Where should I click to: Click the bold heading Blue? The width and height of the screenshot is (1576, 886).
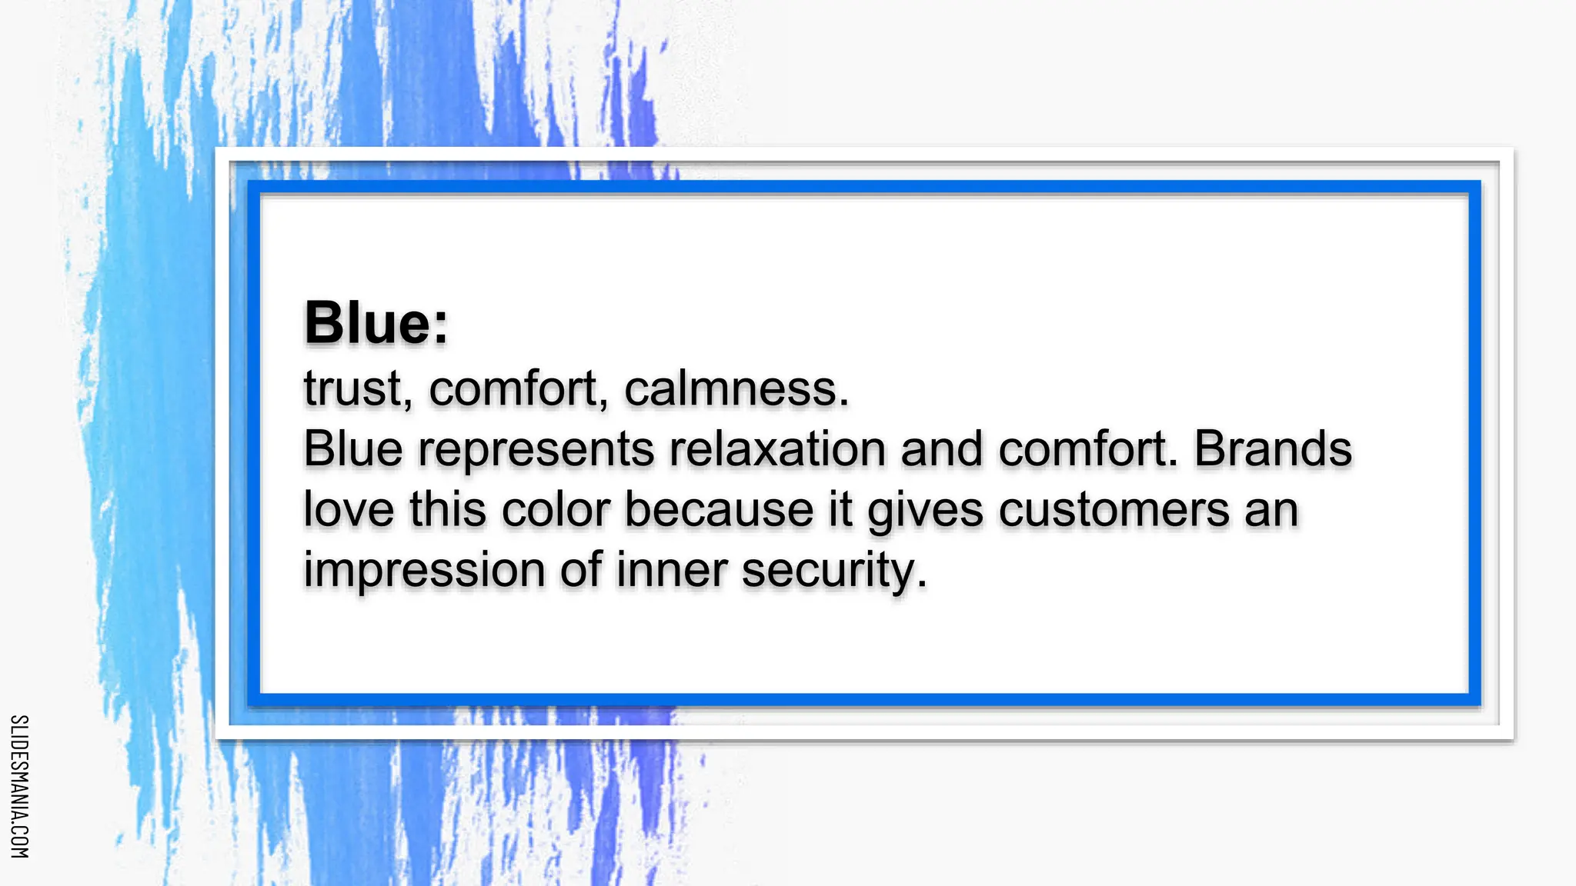point(376,323)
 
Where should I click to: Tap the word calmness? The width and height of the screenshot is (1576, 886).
point(736,388)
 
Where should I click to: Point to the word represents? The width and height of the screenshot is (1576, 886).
point(536,449)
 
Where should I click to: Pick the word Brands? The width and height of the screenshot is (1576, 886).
point(1273,449)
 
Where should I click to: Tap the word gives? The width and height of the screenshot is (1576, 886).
point(925,511)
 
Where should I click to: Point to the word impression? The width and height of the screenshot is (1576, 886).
point(425,571)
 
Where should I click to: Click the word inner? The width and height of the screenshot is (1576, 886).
point(671,570)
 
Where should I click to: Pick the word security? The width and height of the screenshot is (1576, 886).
point(834,571)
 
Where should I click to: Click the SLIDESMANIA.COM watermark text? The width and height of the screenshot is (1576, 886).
point(20,786)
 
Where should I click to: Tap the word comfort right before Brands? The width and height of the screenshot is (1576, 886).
point(1088,449)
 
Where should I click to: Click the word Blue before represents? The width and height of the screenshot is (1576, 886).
point(353,449)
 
